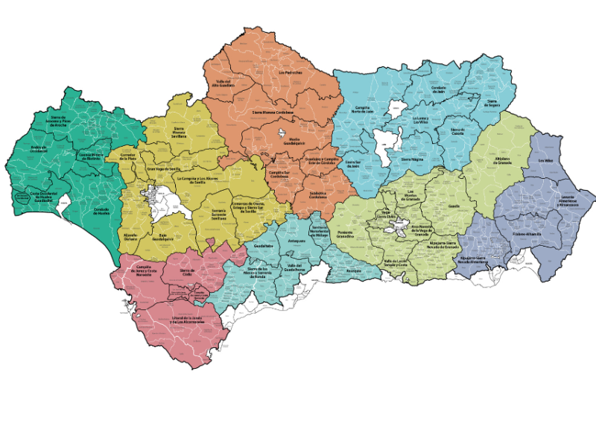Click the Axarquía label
tap(354, 270)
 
